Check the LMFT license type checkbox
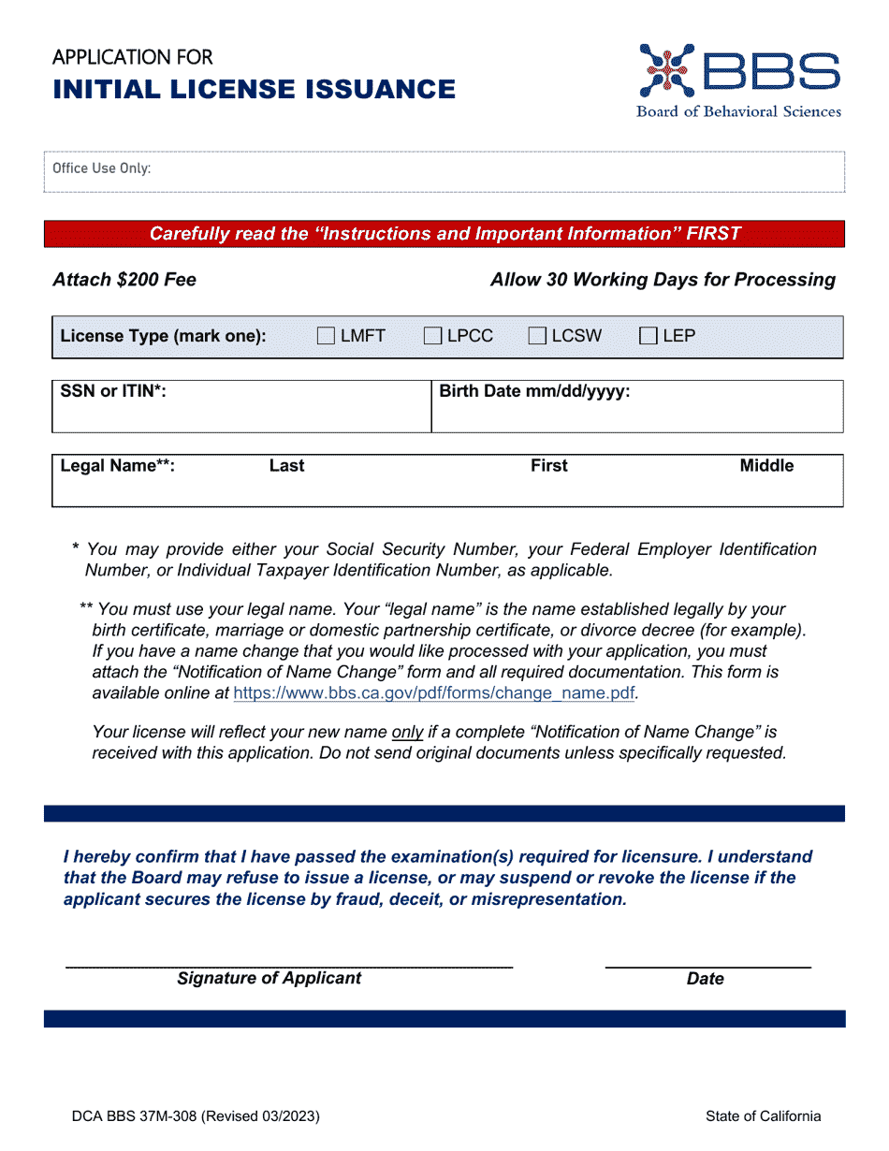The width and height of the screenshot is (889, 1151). click(x=326, y=337)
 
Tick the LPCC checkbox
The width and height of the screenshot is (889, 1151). click(x=432, y=337)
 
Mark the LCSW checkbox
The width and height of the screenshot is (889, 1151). click(x=537, y=337)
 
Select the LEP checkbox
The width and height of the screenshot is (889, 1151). click(x=648, y=337)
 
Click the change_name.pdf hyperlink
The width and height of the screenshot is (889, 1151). click(x=434, y=693)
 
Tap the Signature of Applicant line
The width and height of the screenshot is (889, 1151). click(x=288, y=963)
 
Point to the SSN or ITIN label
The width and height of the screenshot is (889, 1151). click(x=113, y=391)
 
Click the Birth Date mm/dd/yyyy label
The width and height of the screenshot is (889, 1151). click(x=534, y=391)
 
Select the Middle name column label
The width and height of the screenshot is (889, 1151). click(x=766, y=466)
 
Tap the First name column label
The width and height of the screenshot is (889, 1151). click(x=549, y=466)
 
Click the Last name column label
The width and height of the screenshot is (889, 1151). click(x=286, y=466)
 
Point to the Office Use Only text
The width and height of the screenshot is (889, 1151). click(x=101, y=168)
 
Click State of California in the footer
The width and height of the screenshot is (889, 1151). click(x=764, y=1115)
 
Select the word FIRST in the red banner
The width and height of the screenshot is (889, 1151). click(x=713, y=234)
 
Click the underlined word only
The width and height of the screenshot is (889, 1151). click(x=407, y=732)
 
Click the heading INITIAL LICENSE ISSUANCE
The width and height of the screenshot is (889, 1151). click(x=255, y=89)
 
